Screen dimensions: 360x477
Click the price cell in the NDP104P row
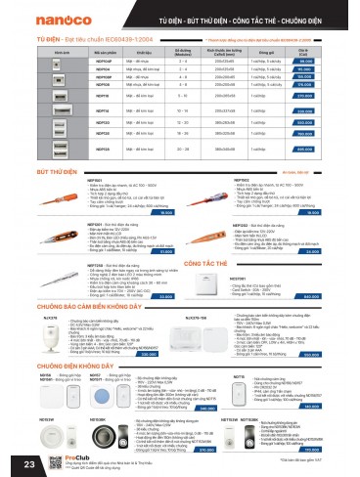pos(330,61)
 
